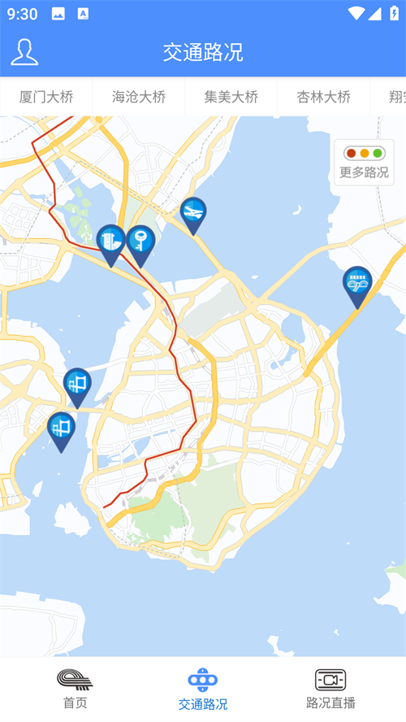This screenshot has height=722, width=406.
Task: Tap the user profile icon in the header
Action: pos(24,52)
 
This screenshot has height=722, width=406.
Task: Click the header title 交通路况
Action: pos(203,53)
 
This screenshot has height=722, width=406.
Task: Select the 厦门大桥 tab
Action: pos(46,97)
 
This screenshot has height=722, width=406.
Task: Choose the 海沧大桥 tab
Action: pos(139,97)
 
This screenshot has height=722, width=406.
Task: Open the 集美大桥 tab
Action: pos(231,97)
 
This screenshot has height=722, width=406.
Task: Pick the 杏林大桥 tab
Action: pos(324,97)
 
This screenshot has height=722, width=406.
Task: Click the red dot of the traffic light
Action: pos(351,153)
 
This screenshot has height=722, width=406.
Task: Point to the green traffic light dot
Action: pos(378,153)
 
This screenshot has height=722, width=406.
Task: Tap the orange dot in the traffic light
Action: pos(365,153)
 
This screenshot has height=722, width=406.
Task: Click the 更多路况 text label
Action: pos(364,172)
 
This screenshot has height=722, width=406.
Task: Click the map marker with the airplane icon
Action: pos(193,213)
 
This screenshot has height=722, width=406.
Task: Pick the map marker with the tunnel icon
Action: pos(357,284)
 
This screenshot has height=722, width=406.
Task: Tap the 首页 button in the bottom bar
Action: pos(75,689)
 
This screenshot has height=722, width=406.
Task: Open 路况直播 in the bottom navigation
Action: pos(330,689)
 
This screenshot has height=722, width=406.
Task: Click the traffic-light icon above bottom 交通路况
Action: pos(203,680)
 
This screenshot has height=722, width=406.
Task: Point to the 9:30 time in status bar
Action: pos(23,14)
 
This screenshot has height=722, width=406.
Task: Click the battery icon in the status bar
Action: pos(394,13)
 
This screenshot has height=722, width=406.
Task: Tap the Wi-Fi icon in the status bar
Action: pos(356,13)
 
